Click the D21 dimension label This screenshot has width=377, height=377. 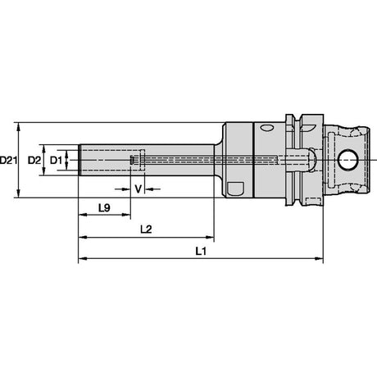[8, 160]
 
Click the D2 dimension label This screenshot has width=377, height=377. [34, 160]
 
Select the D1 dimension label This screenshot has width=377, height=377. [56, 160]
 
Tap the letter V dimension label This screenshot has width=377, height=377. [139, 188]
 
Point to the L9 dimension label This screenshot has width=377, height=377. [104, 208]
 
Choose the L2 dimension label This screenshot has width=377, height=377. [146, 229]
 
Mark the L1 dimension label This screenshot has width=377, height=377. [201, 251]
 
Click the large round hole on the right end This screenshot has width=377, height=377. [347, 160]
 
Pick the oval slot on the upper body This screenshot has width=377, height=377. [267, 128]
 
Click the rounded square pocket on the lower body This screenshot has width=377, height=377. [235, 188]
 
